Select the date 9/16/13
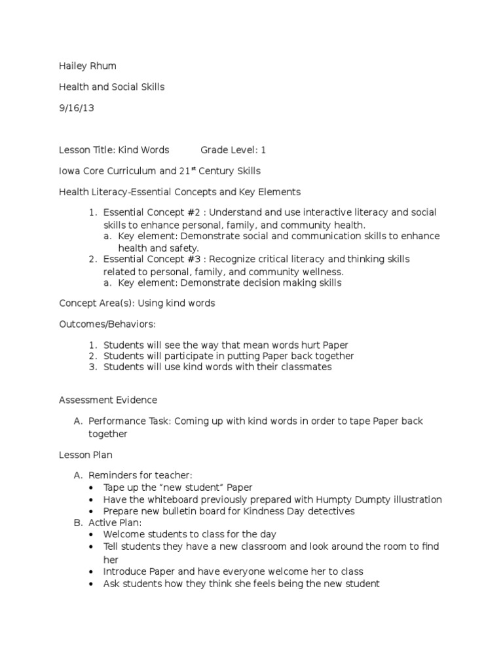pos(77,108)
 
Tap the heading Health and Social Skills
pos(111,87)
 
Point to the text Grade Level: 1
pos(233,150)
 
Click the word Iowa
pos(69,171)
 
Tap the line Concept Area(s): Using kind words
pos(137,303)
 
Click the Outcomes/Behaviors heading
pos(108,324)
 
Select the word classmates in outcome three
pos(309,367)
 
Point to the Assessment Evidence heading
pos(108,400)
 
